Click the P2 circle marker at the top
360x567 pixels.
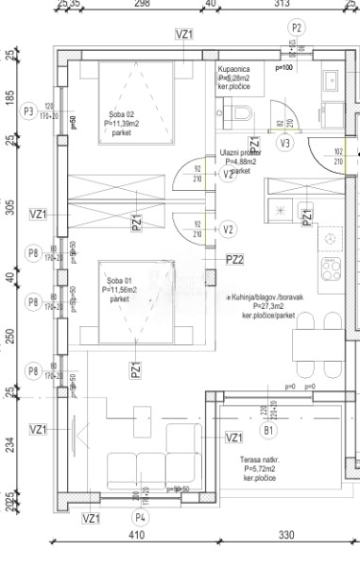pos(299,28)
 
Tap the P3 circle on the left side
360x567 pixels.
pos(28,112)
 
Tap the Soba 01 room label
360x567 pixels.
pos(119,287)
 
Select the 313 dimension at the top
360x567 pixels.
pos(281,5)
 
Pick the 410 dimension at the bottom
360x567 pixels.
pos(139,535)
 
